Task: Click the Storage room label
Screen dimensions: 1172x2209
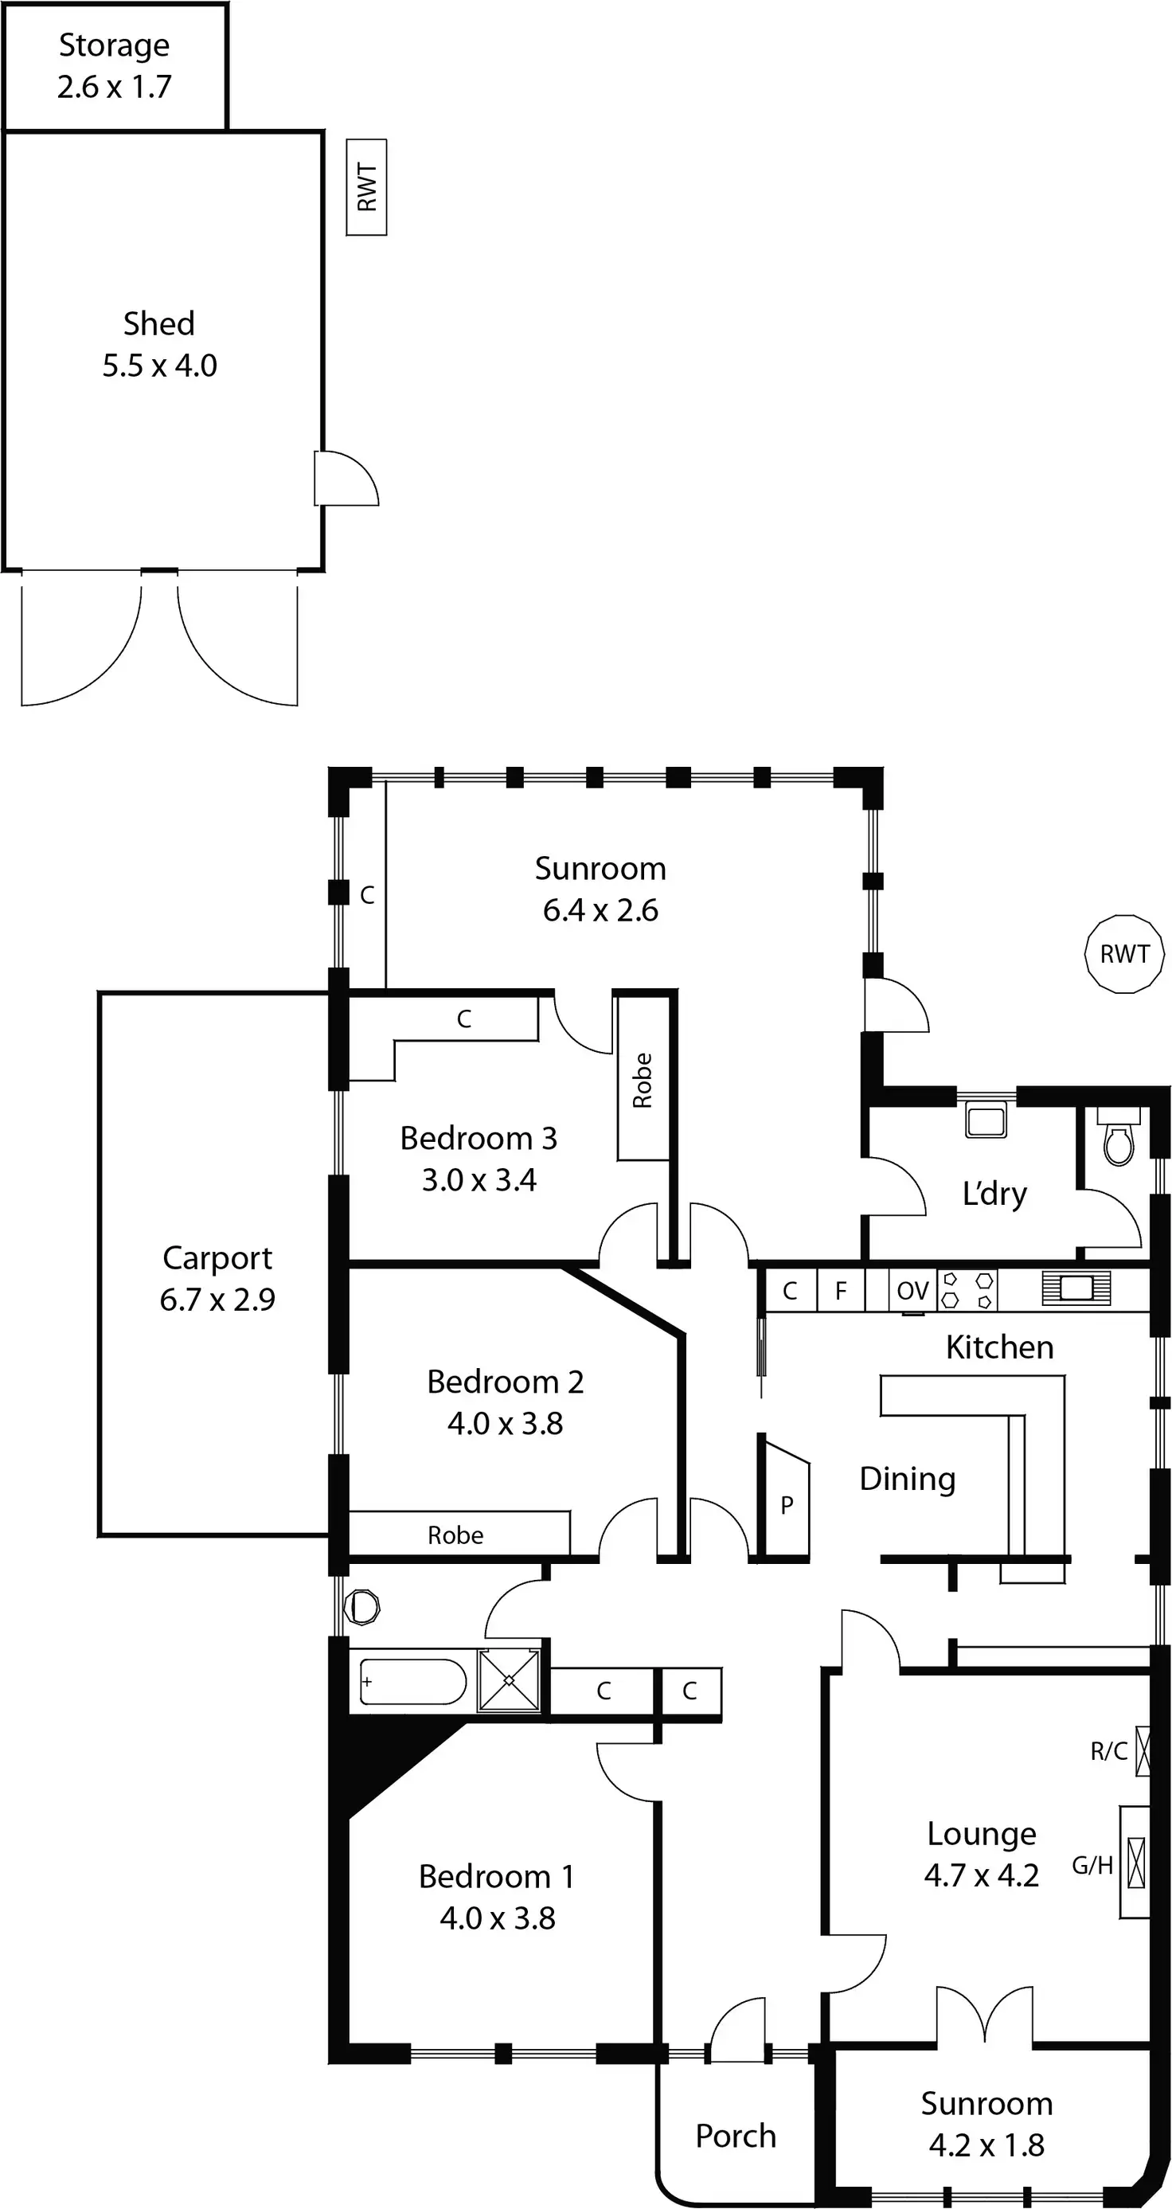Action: coord(114,45)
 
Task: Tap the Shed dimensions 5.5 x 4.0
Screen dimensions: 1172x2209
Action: coord(159,366)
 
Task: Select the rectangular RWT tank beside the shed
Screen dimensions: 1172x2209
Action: coord(367,187)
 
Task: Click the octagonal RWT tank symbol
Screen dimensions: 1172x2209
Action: coord(1124,953)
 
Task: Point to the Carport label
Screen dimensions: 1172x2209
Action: coord(217,1258)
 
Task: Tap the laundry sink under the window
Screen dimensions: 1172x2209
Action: coord(986,1120)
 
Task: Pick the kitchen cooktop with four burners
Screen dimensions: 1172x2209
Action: coord(967,1291)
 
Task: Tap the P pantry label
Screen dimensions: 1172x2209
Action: coord(786,1505)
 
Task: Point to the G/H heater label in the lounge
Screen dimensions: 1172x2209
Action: coord(1092,1865)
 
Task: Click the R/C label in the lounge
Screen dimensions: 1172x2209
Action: coord(1108,1751)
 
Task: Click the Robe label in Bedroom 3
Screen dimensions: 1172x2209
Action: coord(643,1081)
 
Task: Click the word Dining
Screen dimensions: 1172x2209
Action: coord(907,1480)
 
